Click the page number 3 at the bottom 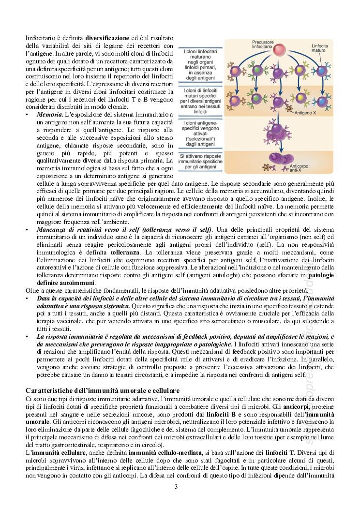[x=176, y=487]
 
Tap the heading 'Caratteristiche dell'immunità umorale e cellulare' [x=103, y=390]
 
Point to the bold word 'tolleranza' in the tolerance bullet [x=125, y=253]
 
